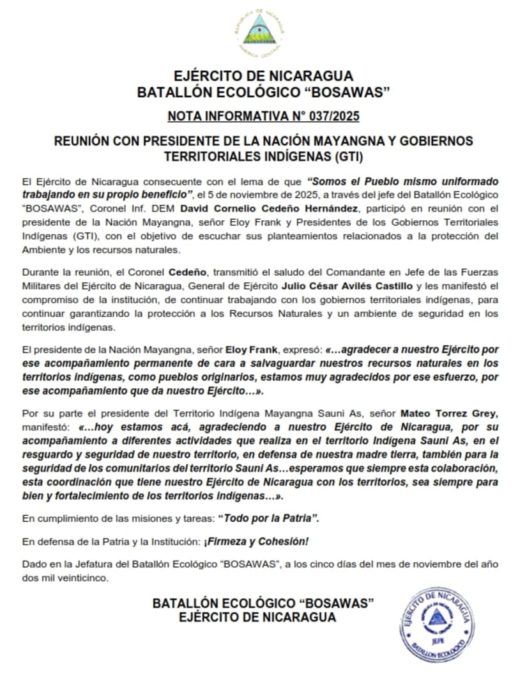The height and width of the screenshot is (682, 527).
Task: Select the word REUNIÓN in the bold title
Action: coord(80,140)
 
